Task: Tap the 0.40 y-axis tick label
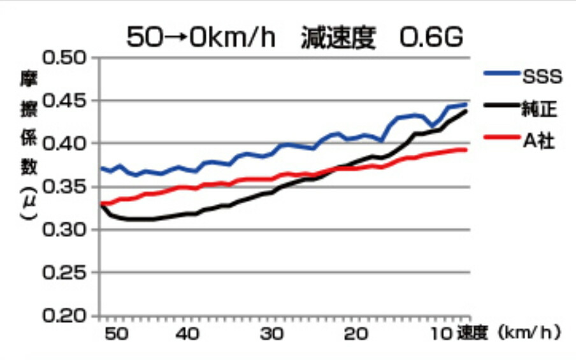(x=66, y=144)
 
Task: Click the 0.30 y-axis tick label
(x=66, y=230)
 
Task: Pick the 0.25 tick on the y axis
(x=66, y=273)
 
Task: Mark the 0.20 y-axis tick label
(x=66, y=316)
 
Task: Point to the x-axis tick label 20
(x=357, y=334)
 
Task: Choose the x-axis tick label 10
(x=440, y=334)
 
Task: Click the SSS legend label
(x=542, y=77)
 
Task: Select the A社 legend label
(x=539, y=140)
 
